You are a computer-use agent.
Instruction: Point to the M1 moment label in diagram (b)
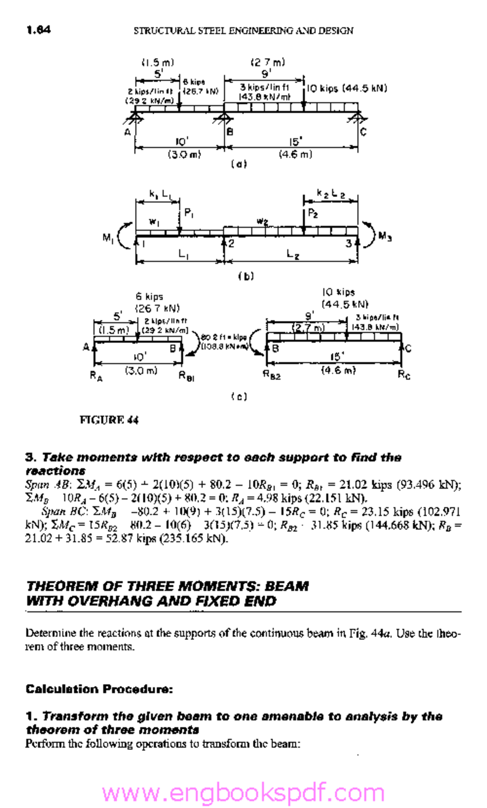108,238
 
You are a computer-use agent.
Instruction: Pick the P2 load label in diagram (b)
313,213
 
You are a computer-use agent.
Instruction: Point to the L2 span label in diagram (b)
293,254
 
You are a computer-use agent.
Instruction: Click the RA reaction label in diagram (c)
96,376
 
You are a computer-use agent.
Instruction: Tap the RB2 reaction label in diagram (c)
272,376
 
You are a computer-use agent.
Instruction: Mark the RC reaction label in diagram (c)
404,375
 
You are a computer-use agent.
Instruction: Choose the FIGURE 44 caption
109,420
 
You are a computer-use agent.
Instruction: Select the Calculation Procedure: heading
99,689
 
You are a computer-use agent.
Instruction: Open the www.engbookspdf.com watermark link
243,793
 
